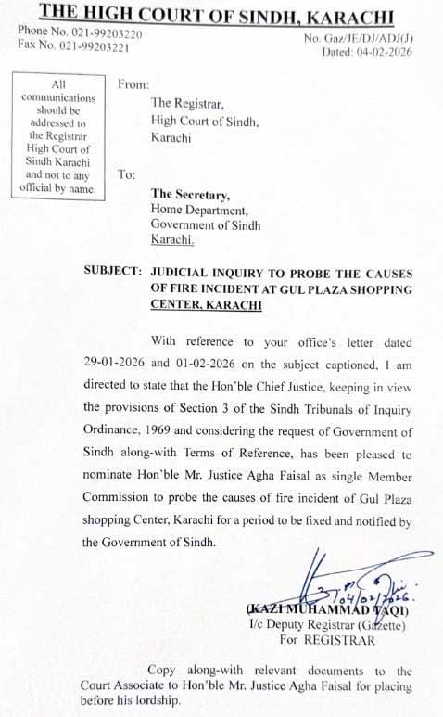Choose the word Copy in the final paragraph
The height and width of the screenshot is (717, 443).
163,670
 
